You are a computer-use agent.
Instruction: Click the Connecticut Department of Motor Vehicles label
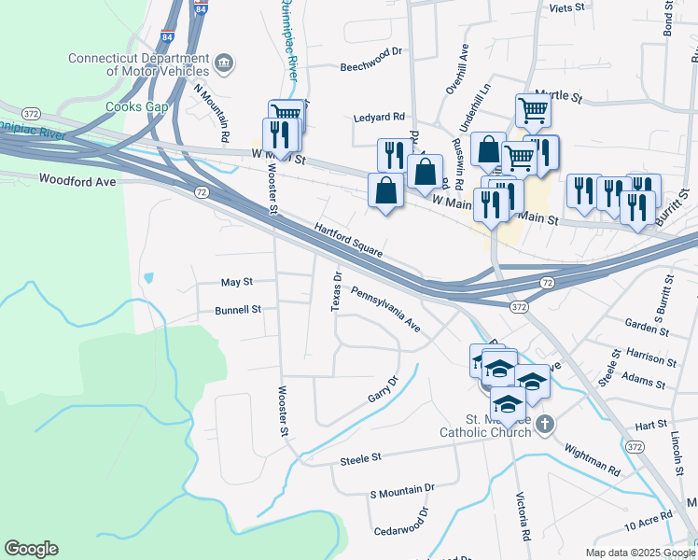pyautogui.click(x=138, y=63)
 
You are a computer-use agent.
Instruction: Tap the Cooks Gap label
pyautogui.click(x=136, y=107)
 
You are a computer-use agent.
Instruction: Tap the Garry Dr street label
pyautogui.click(x=383, y=389)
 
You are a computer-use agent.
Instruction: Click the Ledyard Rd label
pyautogui.click(x=379, y=118)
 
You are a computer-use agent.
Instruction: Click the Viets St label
pyautogui.click(x=566, y=7)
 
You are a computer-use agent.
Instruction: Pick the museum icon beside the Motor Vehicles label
pyautogui.click(x=224, y=63)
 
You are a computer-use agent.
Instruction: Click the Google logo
pyautogui.click(x=31, y=549)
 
